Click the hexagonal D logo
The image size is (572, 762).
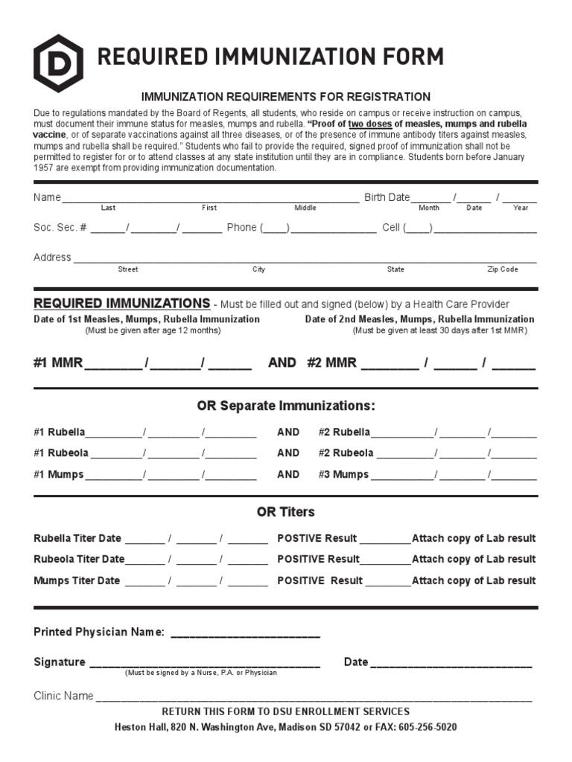pyautogui.click(x=58, y=63)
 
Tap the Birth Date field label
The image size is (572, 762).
pyautogui.click(x=387, y=197)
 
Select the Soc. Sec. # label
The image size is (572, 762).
pyautogui.click(x=60, y=228)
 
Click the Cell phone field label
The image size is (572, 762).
pyautogui.click(x=391, y=228)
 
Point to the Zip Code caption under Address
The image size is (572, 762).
pyautogui.click(x=503, y=269)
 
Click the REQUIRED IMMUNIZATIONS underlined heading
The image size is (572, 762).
pyautogui.click(x=121, y=304)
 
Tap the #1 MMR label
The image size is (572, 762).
pyautogui.click(x=58, y=363)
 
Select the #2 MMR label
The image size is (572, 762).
pyautogui.click(x=331, y=363)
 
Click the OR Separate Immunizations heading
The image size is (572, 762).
pyautogui.click(x=286, y=406)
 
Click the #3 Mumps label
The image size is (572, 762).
pyautogui.click(x=343, y=475)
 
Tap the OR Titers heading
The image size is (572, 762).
pyautogui.click(x=286, y=512)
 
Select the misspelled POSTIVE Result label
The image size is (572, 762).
pyautogui.click(x=317, y=538)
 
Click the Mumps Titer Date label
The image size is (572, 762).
pyautogui.click(x=77, y=580)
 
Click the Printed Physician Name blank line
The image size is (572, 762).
pyautogui.click(x=245, y=634)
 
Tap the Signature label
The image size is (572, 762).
pyautogui.click(x=60, y=662)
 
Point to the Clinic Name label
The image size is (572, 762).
pyautogui.click(x=63, y=696)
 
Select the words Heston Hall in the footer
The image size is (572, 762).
pyautogui.click(x=139, y=727)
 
